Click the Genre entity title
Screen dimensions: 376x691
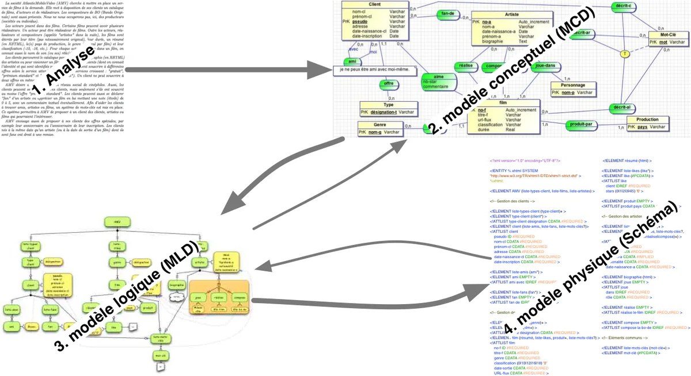(x=379, y=125)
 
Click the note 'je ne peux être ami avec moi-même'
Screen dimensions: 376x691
(x=374, y=70)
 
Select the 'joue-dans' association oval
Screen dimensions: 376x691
(x=544, y=67)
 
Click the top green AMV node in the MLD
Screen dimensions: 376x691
(x=117, y=221)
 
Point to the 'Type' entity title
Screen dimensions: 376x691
(x=389, y=105)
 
